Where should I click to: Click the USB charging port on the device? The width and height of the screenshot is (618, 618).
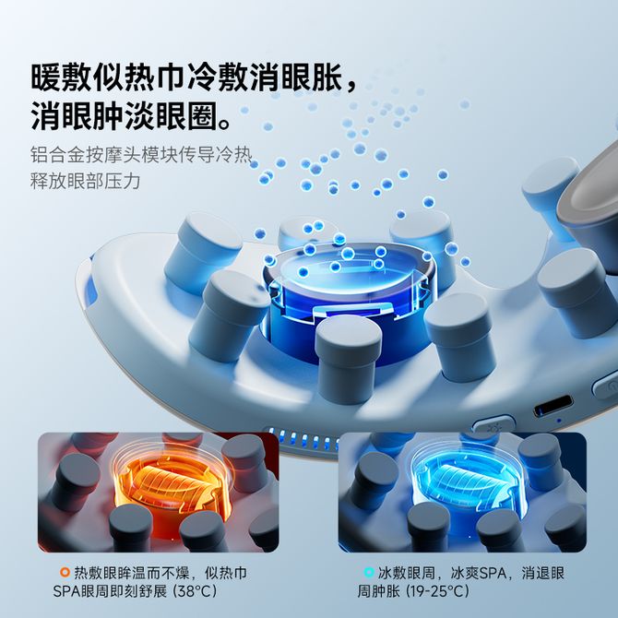tap(553, 407)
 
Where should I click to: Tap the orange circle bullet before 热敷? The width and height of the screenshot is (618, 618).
tap(65, 572)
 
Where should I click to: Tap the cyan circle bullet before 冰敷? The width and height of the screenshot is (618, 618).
tap(369, 572)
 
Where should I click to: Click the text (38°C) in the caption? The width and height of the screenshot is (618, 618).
tap(195, 591)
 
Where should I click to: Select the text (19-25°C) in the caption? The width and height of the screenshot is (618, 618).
tap(437, 591)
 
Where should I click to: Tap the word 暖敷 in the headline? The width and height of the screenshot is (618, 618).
tap(62, 77)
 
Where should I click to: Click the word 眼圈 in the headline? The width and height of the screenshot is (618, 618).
tap(187, 116)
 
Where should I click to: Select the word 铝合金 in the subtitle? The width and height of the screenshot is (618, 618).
tap(58, 155)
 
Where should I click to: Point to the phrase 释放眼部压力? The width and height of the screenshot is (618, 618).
tap(86, 182)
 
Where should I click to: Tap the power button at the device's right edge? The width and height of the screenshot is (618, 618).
tap(607, 386)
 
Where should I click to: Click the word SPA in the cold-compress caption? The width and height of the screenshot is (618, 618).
tap(491, 573)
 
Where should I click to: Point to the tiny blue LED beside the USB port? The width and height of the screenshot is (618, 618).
tap(558, 420)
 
